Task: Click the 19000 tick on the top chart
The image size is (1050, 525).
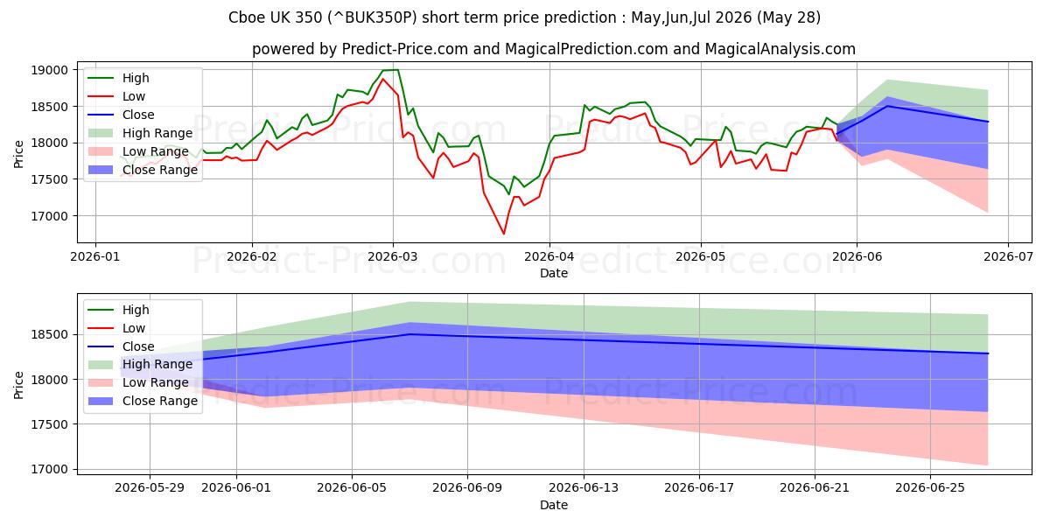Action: click(49, 70)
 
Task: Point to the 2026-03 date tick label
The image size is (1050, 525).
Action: click(393, 257)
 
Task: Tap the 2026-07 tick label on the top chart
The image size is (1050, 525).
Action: click(1008, 257)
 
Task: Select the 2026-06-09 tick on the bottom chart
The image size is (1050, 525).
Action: click(467, 488)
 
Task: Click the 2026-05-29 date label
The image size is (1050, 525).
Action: click(150, 488)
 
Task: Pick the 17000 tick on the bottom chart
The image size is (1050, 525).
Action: click(49, 469)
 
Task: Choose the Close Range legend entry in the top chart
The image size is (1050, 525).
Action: click(143, 170)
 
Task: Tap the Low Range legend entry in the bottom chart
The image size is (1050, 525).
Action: click(138, 382)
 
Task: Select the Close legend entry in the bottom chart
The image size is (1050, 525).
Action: click(121, 346)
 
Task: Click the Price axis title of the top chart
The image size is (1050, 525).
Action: click(18, 154)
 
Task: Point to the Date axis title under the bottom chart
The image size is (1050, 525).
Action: click(554, 505)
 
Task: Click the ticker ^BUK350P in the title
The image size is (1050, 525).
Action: click(372, 17)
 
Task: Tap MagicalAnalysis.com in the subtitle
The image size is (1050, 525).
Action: click(780, 49)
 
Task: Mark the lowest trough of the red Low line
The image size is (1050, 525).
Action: click(504, 234)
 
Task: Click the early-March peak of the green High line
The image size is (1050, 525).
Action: click(397, 70)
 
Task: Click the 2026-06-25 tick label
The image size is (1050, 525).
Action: click(930, 488)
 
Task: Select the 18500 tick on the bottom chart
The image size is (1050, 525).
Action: click(49, 334)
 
